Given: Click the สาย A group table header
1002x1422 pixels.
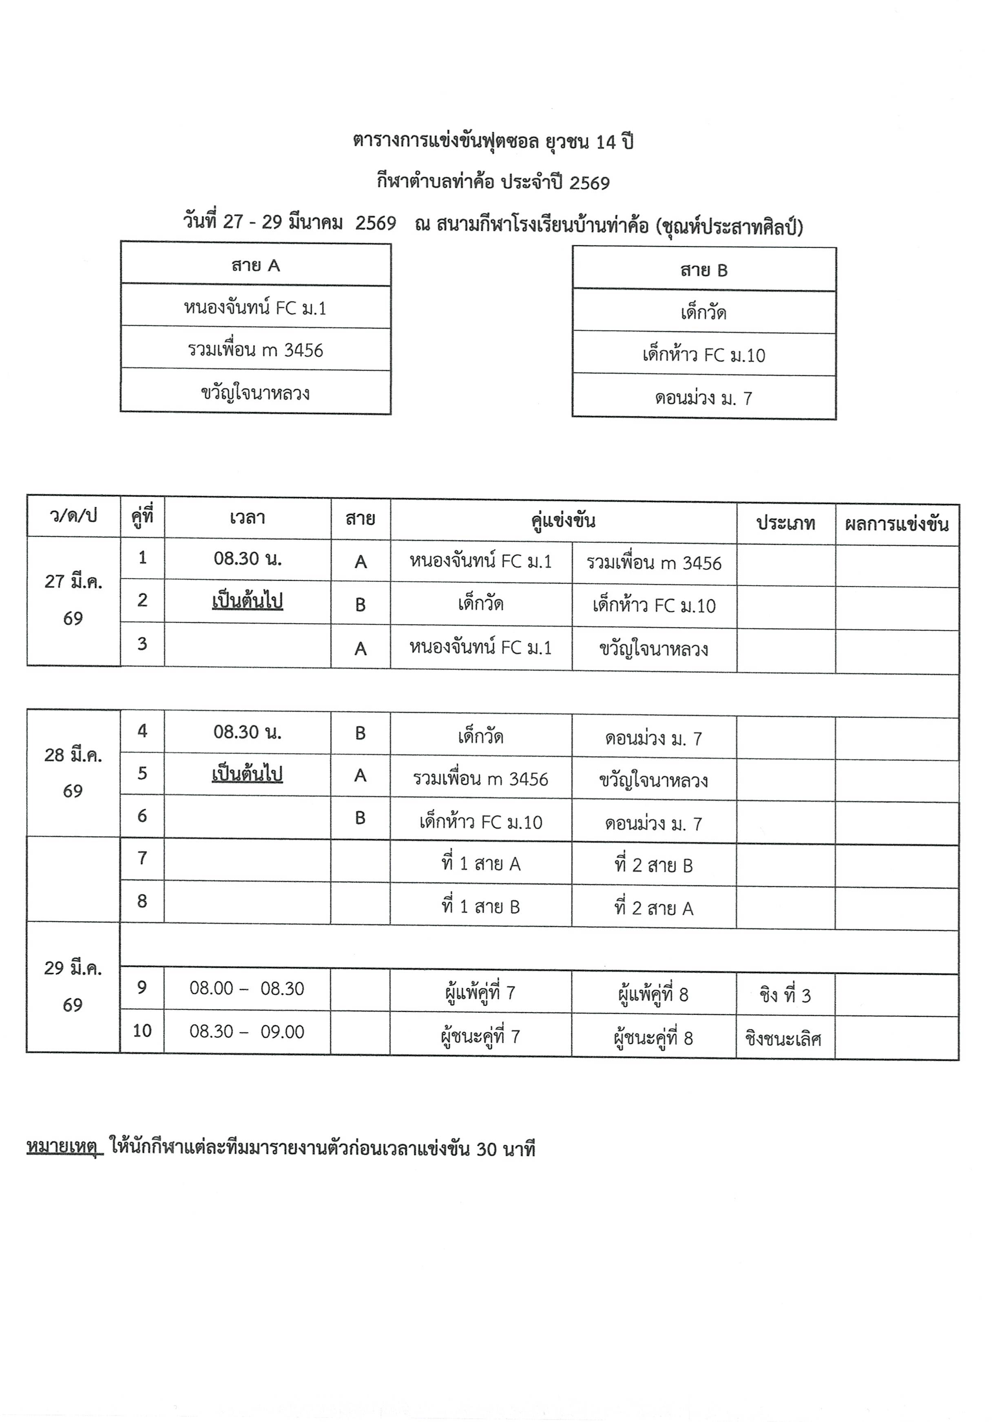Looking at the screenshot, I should click(x=256, y=266).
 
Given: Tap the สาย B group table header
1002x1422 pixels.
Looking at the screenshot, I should click(x=704, y=271).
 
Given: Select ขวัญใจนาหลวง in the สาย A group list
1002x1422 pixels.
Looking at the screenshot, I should click(x=256, y=393).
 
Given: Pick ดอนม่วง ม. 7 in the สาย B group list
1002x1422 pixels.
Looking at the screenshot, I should click(x=704, y=398).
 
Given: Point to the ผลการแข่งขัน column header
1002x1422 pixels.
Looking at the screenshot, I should click(x=897, y=524).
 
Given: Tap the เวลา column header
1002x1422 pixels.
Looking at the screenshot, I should click(x=247, y=518).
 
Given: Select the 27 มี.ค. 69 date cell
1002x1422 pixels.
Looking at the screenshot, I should click(x=73, y=600).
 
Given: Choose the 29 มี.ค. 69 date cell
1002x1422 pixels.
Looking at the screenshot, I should click(x=73, y=986).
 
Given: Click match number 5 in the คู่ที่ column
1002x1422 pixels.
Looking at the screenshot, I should click(x=142, y=773).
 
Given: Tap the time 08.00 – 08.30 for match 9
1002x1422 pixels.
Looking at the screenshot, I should click(x=247, y=989).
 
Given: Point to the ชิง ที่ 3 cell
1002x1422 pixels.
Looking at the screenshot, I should click(x=785, y=995).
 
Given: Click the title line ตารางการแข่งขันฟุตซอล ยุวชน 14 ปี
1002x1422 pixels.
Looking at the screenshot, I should click(x=493, y=142).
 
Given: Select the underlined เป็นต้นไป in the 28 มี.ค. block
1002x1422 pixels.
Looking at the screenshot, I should click(x=247, y=774).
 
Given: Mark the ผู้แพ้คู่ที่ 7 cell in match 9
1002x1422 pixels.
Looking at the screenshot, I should click(x=480, y=993).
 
